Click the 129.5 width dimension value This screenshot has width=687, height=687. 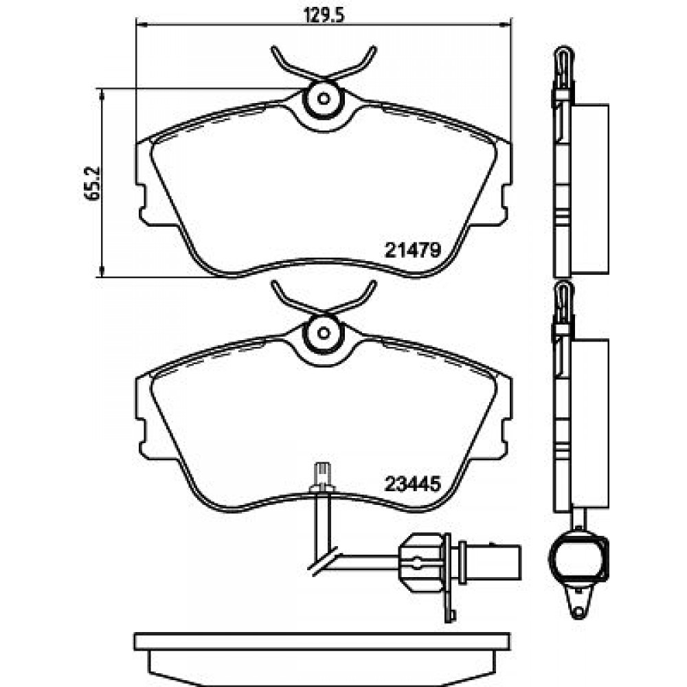(x=325, y=14)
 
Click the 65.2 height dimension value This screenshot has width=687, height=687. (x=93, y=183)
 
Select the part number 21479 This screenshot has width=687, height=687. (x=412, y=250)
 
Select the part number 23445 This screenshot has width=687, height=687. (x=412, y=485)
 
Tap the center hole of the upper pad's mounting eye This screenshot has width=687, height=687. (x=324, y=98)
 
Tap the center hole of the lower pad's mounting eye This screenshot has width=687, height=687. (x=324, y=334)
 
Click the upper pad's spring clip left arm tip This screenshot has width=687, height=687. (x=274, y=49)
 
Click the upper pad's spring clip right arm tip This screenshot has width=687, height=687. (x=373, y=49)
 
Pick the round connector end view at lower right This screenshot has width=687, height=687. (x=578, y=557)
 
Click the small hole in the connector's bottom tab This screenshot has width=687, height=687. (x=579, y=611)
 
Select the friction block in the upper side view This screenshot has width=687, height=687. (x=589, y=190)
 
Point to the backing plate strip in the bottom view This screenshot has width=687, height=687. (x=323, y=642)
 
